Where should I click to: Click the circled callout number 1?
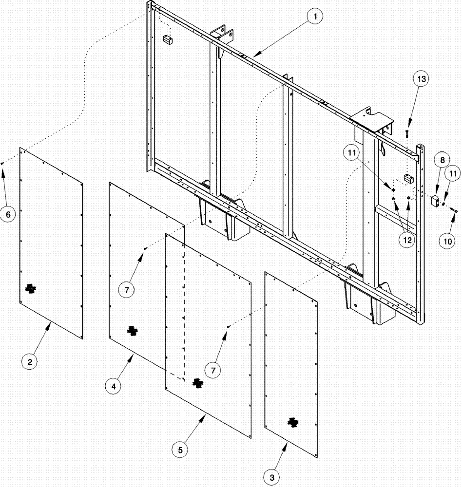pos(315,17)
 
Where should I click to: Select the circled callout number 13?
pos(422,79)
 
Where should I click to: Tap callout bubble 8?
pos(443,159)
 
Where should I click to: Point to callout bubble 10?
pos(448,240)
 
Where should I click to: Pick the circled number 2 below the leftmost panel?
pos(30,362)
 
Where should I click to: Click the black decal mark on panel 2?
pos(31,289)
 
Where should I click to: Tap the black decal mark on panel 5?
pos(197,383)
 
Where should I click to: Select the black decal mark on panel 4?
pos(131,331)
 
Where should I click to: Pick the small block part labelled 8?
pos(435,200)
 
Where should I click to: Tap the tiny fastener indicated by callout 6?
pos(2,164)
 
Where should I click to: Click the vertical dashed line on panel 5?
pos(184,312)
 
